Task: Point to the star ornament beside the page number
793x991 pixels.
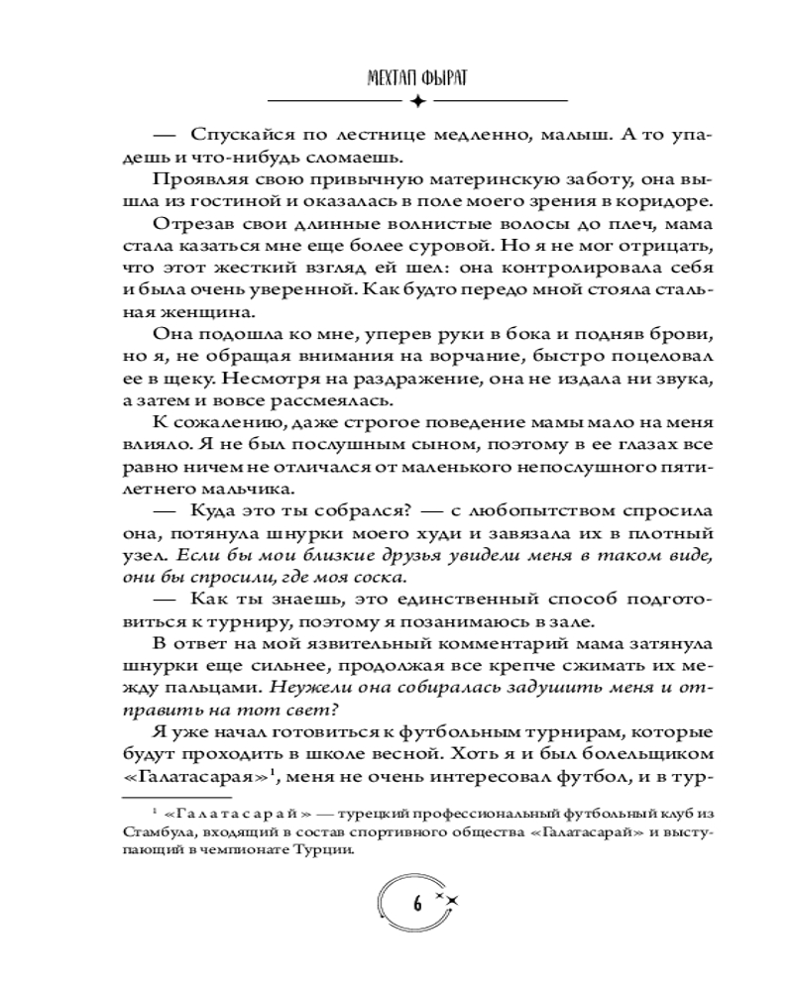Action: pos(451,898)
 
